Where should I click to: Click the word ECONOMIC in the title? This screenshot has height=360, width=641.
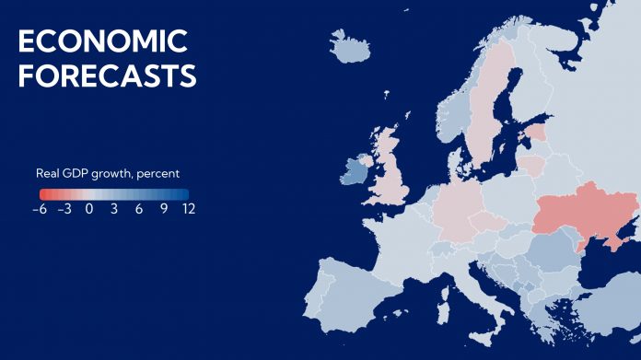coord(102,41)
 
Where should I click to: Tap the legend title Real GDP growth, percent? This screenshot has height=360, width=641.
coord(108,173)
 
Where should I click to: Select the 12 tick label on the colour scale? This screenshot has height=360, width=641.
coord(188,209)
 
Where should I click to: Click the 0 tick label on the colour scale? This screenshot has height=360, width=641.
coord(89,209)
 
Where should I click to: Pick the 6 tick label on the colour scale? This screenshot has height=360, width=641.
coord(139,209)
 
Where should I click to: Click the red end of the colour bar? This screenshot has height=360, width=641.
coord(44,194)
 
